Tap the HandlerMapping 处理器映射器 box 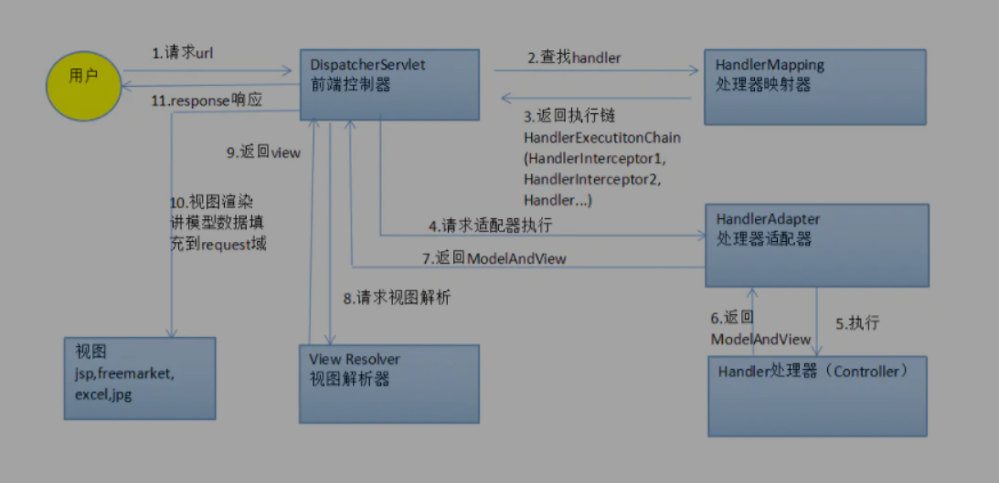(x=814, y=86)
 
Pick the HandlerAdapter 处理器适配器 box (x=816, y=246)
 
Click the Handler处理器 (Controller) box (x=817, y=395)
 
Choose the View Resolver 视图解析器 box (x=388, y=383)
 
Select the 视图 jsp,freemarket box (x=139, y=378)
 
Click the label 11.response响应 (x=207, y=100)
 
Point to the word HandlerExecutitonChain (x=602, y=137)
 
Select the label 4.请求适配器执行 (x=490, y=225)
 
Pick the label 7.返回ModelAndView (x=494, y=258)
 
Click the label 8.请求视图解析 (x=397, y=298)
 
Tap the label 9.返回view (x=263, y=152)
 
